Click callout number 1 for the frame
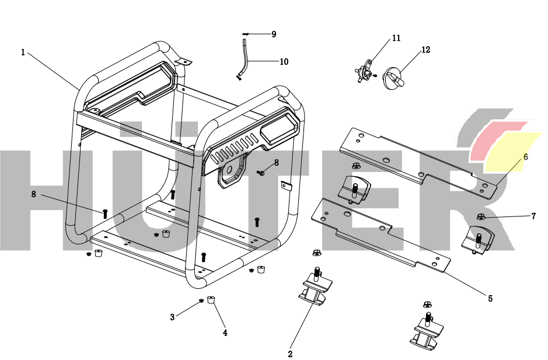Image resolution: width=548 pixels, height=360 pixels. (x=23, y=53)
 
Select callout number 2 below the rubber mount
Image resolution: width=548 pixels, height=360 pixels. (x=290, y=353)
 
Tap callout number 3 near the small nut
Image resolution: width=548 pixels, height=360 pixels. (x=172, y=317)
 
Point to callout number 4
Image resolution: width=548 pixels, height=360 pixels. (x=225, y=333)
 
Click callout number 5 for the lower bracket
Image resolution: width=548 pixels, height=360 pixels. (x=490, y=298)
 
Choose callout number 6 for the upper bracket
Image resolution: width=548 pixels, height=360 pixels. (x=525, y=157)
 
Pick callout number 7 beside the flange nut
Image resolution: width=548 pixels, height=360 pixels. (x=533, y=216)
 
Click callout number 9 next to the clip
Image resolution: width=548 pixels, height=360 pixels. (x=274, y=34)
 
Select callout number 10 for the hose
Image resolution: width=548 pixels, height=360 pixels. (x=284, y=61)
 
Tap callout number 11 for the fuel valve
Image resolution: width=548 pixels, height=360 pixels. (x=396, y=39)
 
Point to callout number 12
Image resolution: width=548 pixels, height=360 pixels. (x=425, y=50)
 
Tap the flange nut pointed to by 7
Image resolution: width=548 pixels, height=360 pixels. (x=481, y=217)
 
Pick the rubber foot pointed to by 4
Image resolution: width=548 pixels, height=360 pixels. (x=211, y=300)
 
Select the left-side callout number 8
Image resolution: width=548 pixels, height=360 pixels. (x=34, y=194)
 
